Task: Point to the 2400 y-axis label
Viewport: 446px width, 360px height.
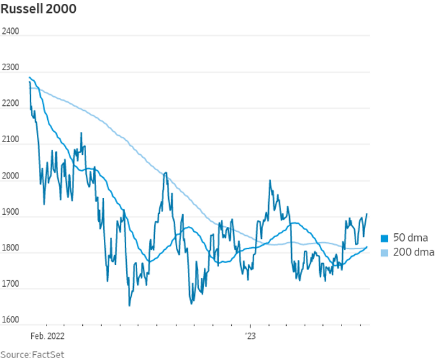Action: click(x=11, y=31)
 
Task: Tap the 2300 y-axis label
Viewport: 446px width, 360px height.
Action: click(x=11, y=68)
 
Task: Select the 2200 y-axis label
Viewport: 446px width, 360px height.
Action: click(x=11, y=103)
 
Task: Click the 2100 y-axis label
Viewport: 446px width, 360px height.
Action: click(x=11, y=140)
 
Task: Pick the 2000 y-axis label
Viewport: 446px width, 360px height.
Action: click(x=11, y=175)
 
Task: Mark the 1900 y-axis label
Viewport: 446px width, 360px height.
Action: click(x=11, y=212)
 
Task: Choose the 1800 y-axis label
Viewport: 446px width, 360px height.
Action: click(x=11, y=248)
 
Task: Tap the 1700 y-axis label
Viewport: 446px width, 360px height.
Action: click(x=11, y=284)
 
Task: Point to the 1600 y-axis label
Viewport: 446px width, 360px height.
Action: click(x=11, y=320)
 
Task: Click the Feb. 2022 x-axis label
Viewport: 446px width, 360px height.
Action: click(x=48, y=334)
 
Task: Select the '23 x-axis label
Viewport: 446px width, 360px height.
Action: click(x=250, y=334)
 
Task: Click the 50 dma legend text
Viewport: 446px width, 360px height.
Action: click(x=410, y=238)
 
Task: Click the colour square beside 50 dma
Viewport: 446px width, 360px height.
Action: click(x=384, y=238)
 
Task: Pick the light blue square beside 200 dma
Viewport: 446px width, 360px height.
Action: click(x=384, y=253)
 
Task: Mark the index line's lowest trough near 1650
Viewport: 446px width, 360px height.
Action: click(x=129, y=305)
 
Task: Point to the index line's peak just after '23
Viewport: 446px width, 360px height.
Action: click(x=270, y=181)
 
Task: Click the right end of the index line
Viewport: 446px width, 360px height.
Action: click(x=367, y=214)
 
